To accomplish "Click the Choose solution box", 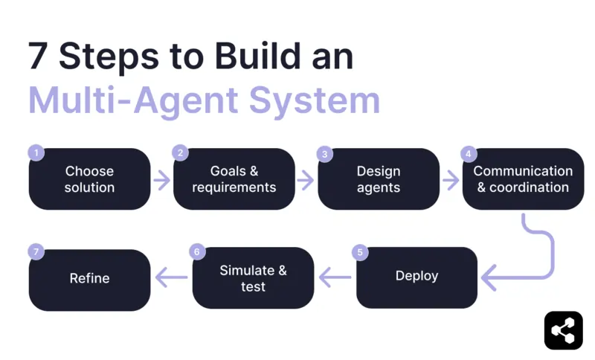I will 89,179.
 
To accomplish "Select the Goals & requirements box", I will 234,179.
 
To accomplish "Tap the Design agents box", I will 379,179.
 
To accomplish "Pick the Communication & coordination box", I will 523,179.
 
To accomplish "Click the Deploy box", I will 416,277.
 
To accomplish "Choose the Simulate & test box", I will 253,278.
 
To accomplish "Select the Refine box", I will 89,279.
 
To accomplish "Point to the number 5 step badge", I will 361,253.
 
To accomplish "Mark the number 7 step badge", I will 36,252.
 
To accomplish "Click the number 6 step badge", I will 197,252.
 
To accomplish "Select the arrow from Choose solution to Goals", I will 161,179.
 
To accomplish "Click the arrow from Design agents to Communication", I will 450,179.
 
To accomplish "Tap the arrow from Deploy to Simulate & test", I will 335,277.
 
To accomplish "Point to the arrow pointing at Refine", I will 171,277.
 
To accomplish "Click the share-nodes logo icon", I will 563,330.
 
